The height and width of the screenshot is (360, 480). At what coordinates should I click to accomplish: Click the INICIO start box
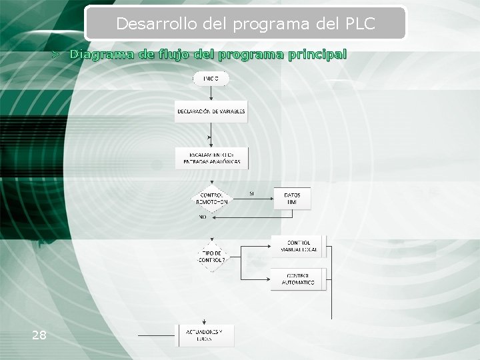point(211,79)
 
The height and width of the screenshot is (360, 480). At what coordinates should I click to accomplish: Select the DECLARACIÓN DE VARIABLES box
point(211,111)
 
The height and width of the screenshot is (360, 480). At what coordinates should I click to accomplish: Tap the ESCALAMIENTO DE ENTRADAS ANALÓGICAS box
point(211,158)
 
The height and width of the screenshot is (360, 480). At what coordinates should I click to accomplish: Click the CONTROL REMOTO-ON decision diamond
point(211,198)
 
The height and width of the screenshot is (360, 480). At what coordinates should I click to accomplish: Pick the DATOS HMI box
point(292,199)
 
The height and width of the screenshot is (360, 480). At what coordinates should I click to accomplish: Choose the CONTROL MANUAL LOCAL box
point(298,247)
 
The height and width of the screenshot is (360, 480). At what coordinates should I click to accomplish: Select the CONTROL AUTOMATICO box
point(298,279)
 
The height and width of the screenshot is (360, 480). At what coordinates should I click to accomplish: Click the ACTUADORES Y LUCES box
point(205,335)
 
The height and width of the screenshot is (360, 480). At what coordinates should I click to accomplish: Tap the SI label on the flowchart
point(251,193)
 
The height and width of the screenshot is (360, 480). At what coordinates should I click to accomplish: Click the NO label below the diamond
point(202,217)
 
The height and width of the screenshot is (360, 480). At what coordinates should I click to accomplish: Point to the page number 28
point(39,335)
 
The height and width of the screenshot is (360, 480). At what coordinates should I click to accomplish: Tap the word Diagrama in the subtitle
point(103,54)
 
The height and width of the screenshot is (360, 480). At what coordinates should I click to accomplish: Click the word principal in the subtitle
point(317,54)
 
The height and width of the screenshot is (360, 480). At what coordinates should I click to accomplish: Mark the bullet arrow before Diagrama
point(57,54)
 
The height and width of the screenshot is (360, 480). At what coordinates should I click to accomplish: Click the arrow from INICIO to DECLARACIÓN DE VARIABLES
point(211,93)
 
